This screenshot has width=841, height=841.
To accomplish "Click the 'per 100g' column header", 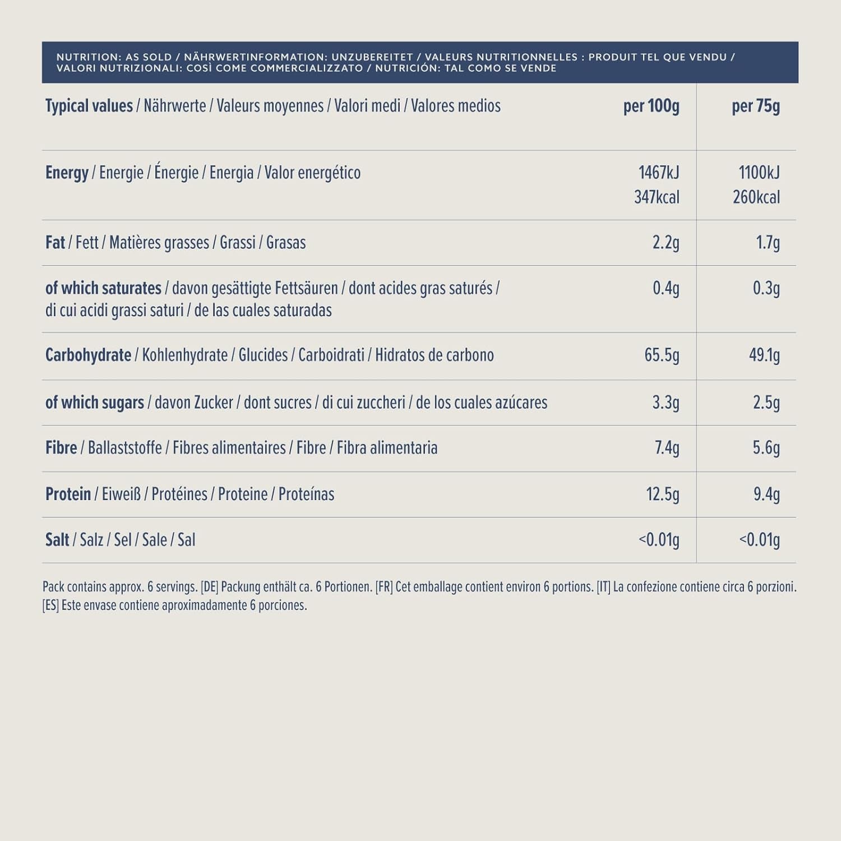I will coord(651,106).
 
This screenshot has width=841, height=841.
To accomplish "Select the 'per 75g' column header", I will coord(755,106).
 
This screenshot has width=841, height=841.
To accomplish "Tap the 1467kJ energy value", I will coord(659,172).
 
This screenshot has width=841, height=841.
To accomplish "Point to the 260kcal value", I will coord(756,197).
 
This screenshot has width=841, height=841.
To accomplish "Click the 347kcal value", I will coord(657,197).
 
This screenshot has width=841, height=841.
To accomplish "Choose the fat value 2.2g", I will coord(666,242).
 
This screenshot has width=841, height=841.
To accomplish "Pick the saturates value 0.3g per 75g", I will coord(766,288).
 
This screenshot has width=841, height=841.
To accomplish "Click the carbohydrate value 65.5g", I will coord(662,355).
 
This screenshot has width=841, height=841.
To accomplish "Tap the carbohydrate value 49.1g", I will coord(764,355).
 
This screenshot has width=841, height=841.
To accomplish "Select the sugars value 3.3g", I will coord(666,403).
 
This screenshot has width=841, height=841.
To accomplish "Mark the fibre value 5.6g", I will coord(766,448).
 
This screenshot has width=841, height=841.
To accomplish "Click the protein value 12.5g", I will coord(662,494).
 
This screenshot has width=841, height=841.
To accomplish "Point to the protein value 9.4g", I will coord(766,494).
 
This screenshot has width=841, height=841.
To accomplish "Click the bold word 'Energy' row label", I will coord(67,173).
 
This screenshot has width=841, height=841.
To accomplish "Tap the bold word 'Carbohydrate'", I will coord(88,355).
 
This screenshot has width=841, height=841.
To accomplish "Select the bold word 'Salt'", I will coord(57,539).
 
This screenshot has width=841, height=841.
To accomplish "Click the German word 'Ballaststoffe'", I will coord(124,448).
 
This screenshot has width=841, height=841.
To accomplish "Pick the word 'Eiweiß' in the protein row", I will coord(121,494).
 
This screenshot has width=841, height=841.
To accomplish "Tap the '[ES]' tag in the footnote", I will coord(50,606).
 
